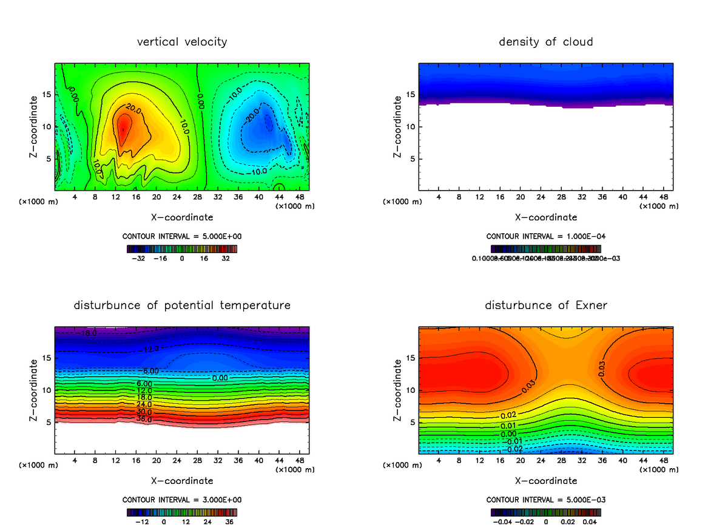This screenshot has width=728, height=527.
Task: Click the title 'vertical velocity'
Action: point(182,42)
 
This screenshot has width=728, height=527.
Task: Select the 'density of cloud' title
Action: point(545,42)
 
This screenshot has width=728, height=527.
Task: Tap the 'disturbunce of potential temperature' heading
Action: point(182,305)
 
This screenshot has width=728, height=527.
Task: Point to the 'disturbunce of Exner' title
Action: point(545,305)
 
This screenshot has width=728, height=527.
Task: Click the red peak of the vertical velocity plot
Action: point(123,129)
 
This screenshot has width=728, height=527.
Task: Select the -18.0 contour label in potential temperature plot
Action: point(86,333)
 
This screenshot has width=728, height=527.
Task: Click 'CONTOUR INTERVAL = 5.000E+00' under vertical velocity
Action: point(182,236)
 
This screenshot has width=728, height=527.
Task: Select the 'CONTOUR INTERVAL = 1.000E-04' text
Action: point(545,236)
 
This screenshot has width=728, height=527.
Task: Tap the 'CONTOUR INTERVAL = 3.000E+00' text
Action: point(182,500)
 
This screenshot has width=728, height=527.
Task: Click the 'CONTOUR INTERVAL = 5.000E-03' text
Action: point(545,500)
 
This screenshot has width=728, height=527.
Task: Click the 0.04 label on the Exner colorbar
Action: point(591,522)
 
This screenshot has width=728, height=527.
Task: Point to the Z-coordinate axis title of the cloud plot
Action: point(398,127)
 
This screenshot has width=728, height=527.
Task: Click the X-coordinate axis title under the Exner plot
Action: point(545,481)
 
